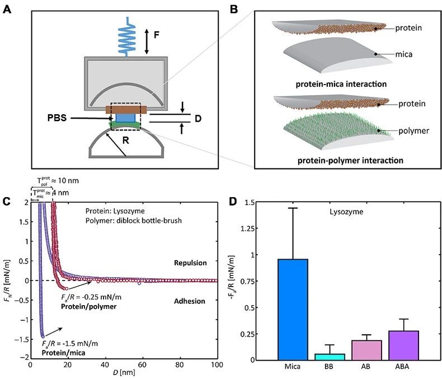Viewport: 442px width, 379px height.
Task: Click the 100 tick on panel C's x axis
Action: click(x=217, y=366)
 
